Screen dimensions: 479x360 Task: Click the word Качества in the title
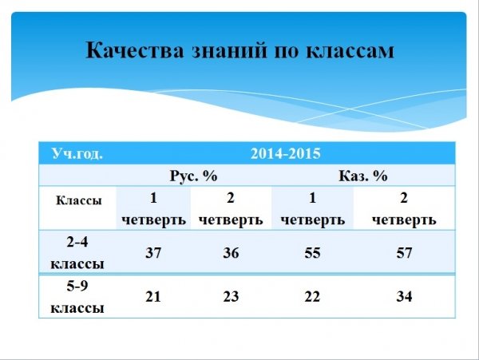click(135, 49)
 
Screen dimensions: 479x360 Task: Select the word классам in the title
click(350, 51)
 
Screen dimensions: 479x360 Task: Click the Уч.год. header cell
click(77, 153)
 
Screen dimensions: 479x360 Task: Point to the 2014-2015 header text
click(285, 153)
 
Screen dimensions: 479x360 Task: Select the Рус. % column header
click(193, 176)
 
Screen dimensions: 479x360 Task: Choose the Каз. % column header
click(363, 176)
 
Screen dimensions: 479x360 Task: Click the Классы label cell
click(78, 200)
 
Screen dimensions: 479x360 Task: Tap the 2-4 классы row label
click(77, 253)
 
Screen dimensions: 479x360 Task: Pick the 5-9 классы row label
click(77, 296)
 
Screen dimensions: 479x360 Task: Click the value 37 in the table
click(153, 253)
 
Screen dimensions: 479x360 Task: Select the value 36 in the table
click(231, 253)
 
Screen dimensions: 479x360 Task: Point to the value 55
click(312, 253)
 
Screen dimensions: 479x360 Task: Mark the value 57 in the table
click(404, 253)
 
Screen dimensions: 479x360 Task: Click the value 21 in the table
click(153, 296)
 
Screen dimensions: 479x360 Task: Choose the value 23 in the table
click(231, 296)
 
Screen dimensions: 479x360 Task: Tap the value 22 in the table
click(312, 296)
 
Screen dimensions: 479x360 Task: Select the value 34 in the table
click(404, 296)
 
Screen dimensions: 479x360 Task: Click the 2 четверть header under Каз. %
click(404, 209)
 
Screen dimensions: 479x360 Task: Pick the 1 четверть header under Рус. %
click(153, 209)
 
